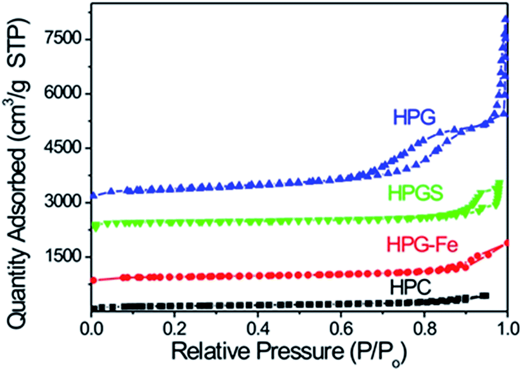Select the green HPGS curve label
419,193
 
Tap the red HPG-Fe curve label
423,243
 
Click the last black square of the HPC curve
486,296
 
